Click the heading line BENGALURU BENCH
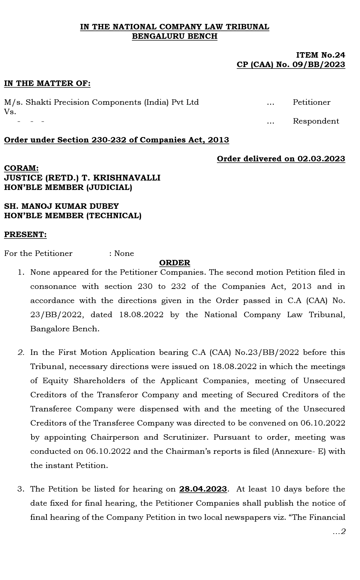click(x=174, y=36)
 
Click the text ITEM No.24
click(x=320, y=55)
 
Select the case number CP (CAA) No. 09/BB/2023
click(x=291, y=65)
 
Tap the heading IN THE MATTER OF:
click(x=47, y=83)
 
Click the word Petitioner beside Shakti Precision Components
click(x=311, y=102)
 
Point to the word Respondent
click(x=316, y=121)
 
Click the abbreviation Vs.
click(x=10, y=112)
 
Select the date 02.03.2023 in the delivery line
click(x=321, y=159)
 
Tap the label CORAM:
click(x=21, y=168)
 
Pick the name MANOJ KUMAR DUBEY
click(x=70, y=206)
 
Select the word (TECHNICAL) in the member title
click(x=113, y=215)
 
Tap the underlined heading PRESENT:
click(x=25, y=234)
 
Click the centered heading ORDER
click(x=174, y=262)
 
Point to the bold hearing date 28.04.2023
click(x=203, y=489)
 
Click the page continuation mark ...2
click(x=339, y=531)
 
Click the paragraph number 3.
click(x=21, y=489)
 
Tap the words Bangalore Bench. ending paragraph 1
click(x=65, y=329)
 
